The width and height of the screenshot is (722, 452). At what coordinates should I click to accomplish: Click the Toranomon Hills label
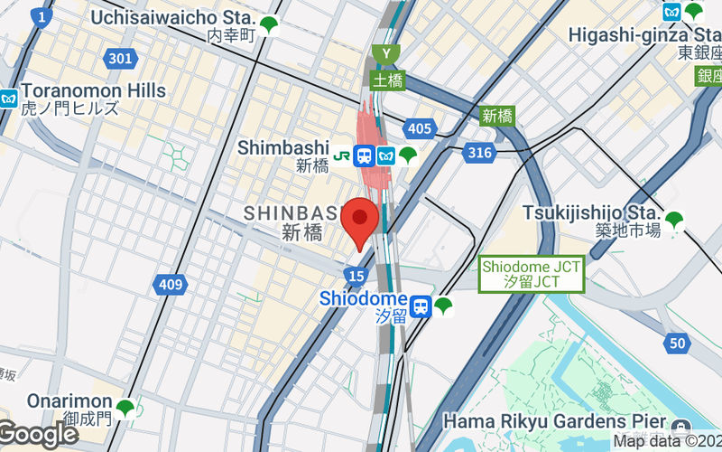click(x=93, y=90)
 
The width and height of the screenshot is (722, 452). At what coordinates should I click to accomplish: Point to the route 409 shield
click(x=170, y=286)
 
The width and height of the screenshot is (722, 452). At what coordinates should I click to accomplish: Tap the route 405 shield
click(x=419, y=129)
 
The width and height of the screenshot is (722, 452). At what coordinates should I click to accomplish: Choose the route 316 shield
click(x=480, y=153)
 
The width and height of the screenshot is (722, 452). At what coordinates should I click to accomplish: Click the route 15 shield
click(x=356, y=274)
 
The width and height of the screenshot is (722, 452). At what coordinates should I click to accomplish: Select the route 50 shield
click(x=677, y=343)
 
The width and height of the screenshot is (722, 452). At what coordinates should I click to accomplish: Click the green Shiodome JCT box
click(x=532, y=274)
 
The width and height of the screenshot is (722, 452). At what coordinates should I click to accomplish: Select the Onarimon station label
click(x=56, y=401)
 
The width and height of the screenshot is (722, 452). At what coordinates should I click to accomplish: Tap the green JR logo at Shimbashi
click(x=342, y=155)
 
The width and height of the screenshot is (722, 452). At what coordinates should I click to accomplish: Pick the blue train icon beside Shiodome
click(x=420, y=306)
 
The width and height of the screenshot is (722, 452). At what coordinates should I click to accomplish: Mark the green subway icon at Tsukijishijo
click(x=674, y=219)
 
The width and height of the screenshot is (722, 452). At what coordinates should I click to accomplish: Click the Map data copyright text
click(x=666, y=441)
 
